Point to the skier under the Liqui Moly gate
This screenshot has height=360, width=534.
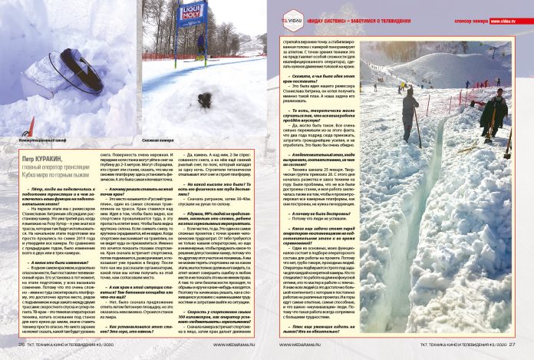coord(200,44)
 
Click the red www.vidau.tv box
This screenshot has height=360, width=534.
coord(513,21)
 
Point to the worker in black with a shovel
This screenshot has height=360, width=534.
coord(492,111)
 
